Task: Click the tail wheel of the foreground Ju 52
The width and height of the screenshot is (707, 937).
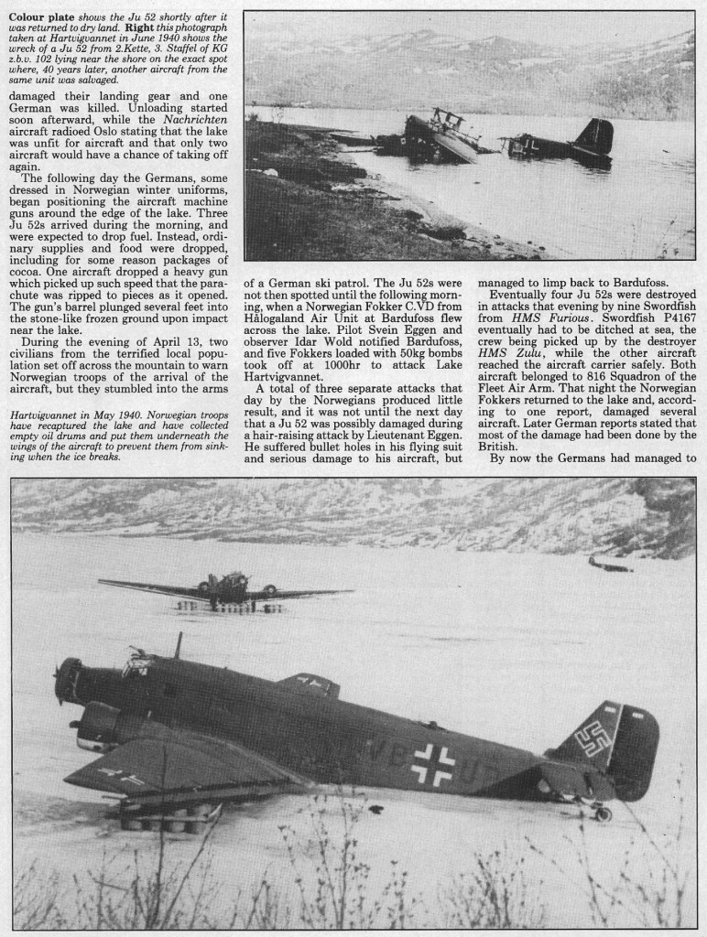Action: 602,813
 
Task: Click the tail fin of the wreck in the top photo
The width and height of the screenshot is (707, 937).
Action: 595,136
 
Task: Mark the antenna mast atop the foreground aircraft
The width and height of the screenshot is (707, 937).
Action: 179,644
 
